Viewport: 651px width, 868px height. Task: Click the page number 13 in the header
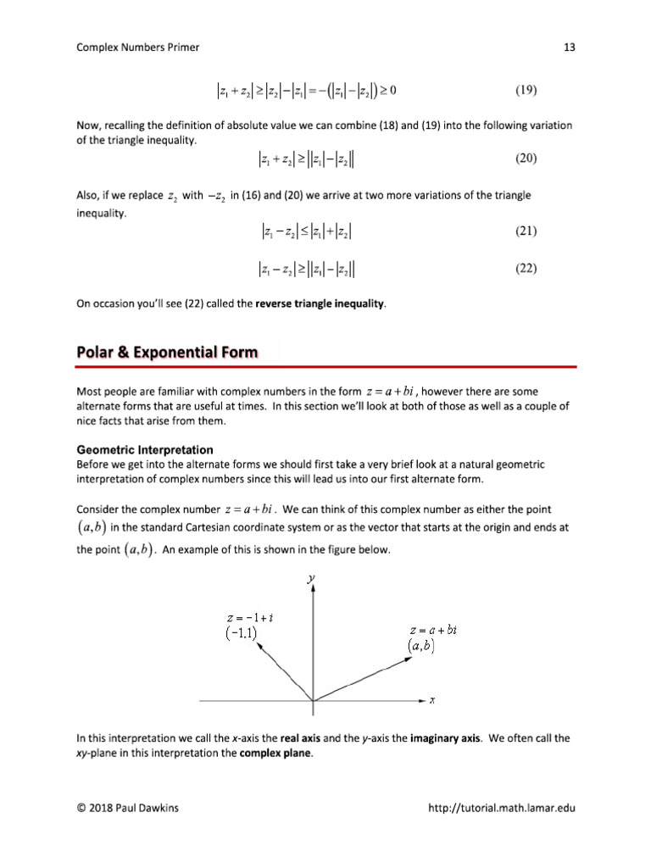pos(569,47)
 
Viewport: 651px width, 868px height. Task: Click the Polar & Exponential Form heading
pos(167,352)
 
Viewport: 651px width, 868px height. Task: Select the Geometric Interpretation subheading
pos(144,449)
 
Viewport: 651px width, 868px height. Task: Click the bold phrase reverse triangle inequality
pos(320,303)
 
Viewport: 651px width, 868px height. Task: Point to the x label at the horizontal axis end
pos(431,701)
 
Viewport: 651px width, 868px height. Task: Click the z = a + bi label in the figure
pos(432,631)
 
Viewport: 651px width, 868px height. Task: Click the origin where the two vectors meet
pos(314,701)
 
